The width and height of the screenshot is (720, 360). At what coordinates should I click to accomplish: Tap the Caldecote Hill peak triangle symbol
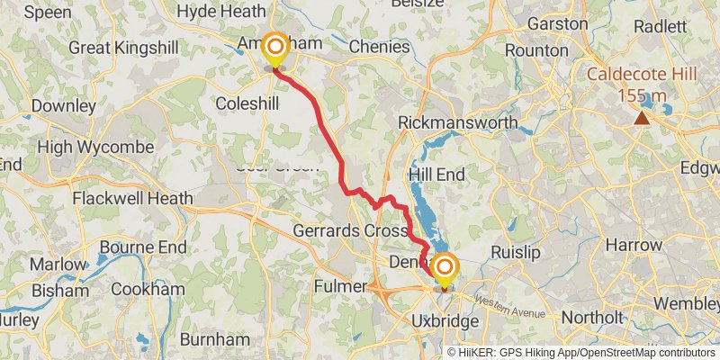click(x=642, y=118)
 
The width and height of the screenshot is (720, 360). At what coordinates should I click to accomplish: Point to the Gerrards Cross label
click(x=352, y=230)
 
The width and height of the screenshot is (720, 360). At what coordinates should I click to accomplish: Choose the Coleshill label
click(x=247, y=104)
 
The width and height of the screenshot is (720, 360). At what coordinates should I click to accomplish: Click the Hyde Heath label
click(x=221, y=11)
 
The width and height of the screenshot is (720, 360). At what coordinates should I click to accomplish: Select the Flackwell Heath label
click(x=132, y=198)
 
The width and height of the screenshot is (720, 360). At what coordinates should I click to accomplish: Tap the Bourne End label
click(x=144, y=247)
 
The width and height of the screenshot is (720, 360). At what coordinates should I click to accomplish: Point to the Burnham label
click(x=214, y=339)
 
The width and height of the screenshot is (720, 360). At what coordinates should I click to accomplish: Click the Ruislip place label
click(x=517, y=253)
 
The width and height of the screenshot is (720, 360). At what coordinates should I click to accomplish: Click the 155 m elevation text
click(x=641, y=94)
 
